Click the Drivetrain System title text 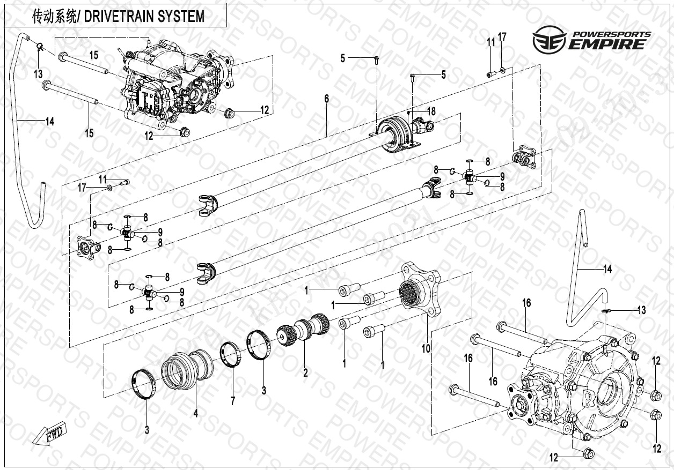pyautogui.click(x=118, y=17)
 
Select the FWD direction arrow pyautogui.click(x=48, y=434)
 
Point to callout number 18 pyautogui.click(x=431, y=111)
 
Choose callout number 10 pyautogui.click(x=426, y=348)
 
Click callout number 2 pyautogui.click(x=305, y=372)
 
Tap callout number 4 pyautogui.click(x=196, y=413)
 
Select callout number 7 pyautogui.click(x=232, y=400)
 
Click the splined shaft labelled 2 pyautogui.click(x=304, y=327)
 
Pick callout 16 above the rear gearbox pyautogui.click(x=526, y=303)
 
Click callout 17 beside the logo pyautogui.click(x=502, y=37)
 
